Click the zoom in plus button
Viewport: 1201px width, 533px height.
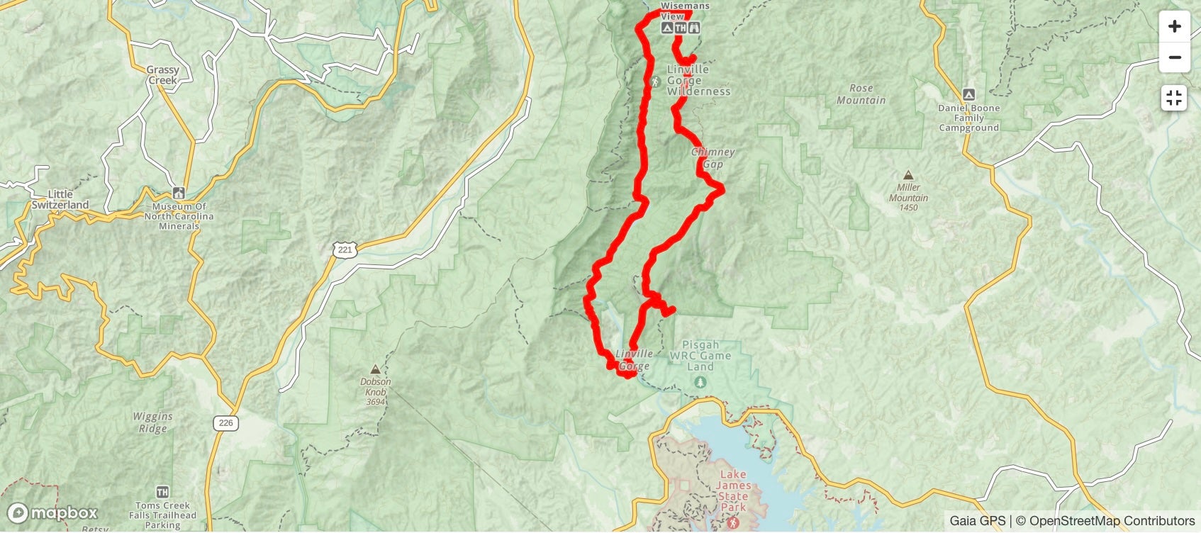pos(1174,27)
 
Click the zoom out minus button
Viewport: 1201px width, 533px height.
pos(1174,57)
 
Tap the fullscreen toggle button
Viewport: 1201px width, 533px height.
pos(1174,98)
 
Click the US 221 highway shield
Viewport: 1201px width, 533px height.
pos(345,249)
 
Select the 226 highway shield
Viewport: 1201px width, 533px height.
pos(225,423)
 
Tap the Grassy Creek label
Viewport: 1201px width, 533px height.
pos(162,74)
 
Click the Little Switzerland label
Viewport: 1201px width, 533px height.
pos(60,199)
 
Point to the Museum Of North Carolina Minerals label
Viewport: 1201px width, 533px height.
pos(179,216)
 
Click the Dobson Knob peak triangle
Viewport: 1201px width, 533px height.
pos(375,369)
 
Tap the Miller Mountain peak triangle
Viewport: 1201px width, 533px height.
pos(908,175)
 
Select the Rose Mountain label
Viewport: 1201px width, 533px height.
pos(861,94)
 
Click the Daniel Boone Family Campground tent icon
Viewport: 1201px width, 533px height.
pos(968,94)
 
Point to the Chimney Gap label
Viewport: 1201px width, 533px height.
pos(713,158)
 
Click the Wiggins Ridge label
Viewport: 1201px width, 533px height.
pos(152,422)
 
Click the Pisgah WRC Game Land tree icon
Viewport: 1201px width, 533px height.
pos(700,383)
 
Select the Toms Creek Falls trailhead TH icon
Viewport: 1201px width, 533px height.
pos(163,492)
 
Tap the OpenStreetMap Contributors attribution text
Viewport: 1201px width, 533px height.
pos(1112,521)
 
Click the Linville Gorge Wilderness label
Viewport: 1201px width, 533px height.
pos(698,80)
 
